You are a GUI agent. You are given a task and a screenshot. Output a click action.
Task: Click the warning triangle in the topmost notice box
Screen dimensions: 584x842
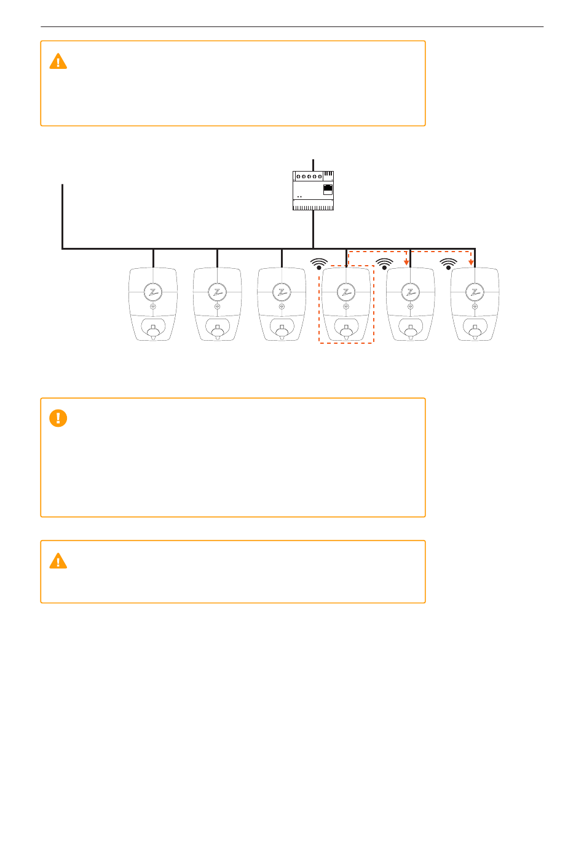pos(58,62)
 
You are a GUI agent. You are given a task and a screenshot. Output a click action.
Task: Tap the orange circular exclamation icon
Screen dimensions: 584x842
pos(58,418)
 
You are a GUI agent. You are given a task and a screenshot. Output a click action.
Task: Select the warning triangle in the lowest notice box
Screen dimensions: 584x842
pos(58,561)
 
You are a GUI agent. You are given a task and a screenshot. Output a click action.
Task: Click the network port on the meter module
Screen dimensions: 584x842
pos(328,189)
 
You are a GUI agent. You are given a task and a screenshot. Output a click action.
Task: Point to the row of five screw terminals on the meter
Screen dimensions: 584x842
pos(309,177)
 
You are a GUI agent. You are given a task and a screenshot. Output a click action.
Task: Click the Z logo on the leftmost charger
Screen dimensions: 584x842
pos(153,292)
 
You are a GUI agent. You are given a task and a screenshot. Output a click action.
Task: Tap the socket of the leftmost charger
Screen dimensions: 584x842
pos(153,331)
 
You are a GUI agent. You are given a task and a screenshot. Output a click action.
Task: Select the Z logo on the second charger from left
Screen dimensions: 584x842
pos(217,292)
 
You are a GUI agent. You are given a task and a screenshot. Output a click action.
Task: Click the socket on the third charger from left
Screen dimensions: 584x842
pos(282,331)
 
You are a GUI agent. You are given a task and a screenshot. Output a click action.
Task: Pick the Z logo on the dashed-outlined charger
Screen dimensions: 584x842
pos(346,292)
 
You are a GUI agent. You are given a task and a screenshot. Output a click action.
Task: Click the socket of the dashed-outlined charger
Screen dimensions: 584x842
pos(346,331)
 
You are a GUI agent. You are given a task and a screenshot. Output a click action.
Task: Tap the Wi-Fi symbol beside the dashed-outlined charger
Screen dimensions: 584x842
pos(318,264)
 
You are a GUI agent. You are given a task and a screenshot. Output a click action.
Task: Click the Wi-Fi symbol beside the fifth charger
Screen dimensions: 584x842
pos(384,264)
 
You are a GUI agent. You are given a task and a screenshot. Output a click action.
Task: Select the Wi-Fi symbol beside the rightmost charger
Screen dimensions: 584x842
pos(449,264)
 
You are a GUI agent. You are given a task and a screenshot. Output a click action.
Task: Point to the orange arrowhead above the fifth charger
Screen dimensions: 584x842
pos(406,262)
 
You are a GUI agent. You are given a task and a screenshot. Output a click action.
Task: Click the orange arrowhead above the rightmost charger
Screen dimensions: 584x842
pos(471,262)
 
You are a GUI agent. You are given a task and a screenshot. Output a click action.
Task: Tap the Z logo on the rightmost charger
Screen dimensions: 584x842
pos(475,292)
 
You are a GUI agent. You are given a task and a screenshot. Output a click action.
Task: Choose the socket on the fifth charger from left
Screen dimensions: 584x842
pos(410,331)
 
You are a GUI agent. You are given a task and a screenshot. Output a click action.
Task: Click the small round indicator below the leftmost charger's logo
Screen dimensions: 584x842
pos(153,306)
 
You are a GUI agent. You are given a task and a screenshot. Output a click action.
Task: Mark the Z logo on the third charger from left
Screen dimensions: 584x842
pos(282,292)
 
